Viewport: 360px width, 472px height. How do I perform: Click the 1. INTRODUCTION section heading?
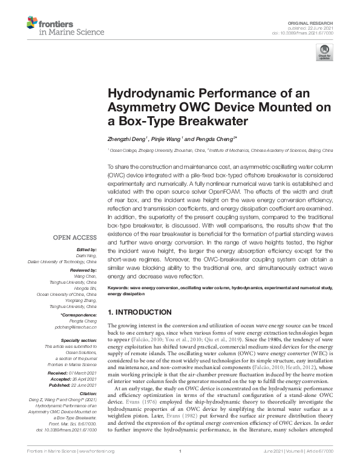(x=139, y=312)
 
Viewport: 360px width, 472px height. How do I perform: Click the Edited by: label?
(x=85, y=249)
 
